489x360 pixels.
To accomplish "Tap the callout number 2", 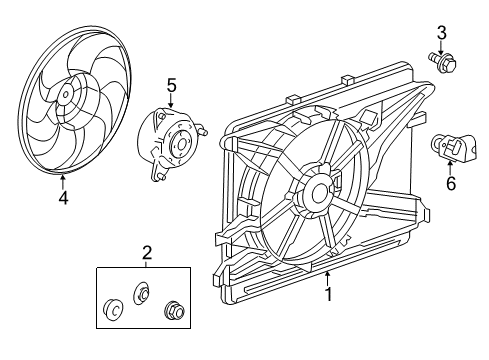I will click(x=147, y=252).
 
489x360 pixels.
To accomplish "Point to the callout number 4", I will click(x=63, y=197).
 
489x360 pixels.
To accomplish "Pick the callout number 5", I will click(x=172, y=86).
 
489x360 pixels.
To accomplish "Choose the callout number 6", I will click(x=451, y=183).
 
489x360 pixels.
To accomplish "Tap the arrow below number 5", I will click(x=172, y=104).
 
